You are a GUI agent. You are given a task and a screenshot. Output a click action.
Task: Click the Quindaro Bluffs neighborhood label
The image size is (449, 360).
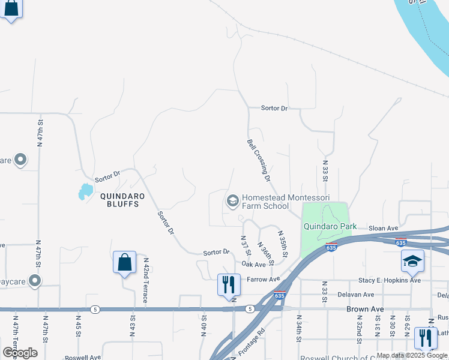click(x=119, y=200)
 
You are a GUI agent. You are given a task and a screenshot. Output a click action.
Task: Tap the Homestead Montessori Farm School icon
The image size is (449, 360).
click(x=232, y=201)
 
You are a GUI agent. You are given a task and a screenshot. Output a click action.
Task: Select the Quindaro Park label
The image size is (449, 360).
click(x=330, y=226)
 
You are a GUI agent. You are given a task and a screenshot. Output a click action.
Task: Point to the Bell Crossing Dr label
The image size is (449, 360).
click(x=259, y=160)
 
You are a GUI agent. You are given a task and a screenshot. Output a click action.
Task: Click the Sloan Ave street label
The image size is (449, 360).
click(x=384, y=228)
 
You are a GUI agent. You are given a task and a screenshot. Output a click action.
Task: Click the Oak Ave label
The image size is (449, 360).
click(x=253, y=265)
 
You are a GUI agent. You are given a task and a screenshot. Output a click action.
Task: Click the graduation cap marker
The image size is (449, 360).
click(x=412, y=261)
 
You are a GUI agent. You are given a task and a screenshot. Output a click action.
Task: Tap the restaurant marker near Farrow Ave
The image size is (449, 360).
click(x=229, y=284)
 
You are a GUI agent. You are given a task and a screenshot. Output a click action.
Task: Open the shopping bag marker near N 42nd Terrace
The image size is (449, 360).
click(x=124, y=262)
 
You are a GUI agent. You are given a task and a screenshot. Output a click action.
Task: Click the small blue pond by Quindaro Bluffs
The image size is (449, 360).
click(x=85, y=191)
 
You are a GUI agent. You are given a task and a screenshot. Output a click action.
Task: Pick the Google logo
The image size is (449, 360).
click(x=20, y=353)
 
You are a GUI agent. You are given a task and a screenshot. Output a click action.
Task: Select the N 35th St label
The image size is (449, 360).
click(x=282, y=244)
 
